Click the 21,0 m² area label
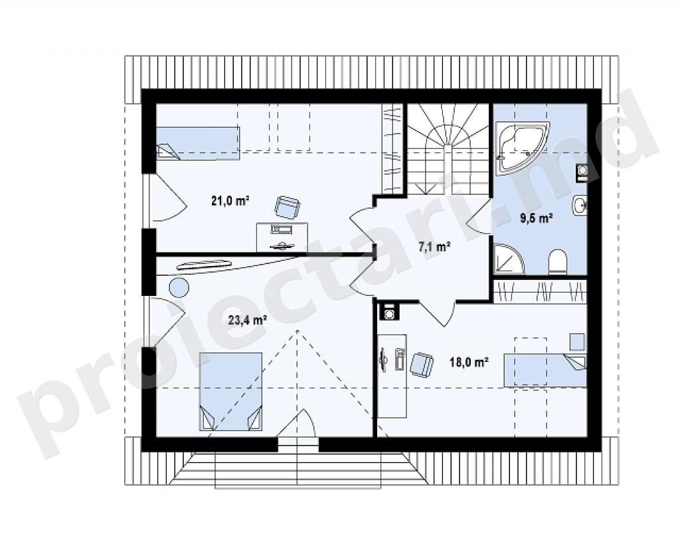pyautogui.click(x=230, y=201)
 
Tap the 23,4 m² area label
pyautogui.click(x=247, y=321)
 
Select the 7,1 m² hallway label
pyautogui.click(x=434, y=247)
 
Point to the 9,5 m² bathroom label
pyautogui.click(x=537, y=218)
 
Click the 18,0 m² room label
pyautogui.click(x=469, y=362)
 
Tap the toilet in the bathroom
pyautogui.click(x=558, y=261)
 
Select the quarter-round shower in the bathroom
pyautogui.click(x=508, y=259)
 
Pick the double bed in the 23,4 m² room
pyautogui.click(x=230, y=392)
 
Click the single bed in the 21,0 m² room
pyautogui.click(x=198, y=143)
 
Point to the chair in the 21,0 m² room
pyautogui.click(x=287, y=207)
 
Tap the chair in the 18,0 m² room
pyautogui.click(x=422, y=364)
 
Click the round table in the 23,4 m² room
pyautogui.click(x=179, y=287)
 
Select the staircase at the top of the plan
pyautogui.click(x=448, y=150)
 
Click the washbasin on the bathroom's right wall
pyautogui.click(x=580, y=205)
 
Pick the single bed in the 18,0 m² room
pyautogui.click(x=545, y=370)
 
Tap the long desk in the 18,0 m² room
pyautogui.click(x=392, y=376)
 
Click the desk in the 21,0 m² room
pyautogui.click(x=282, y=237)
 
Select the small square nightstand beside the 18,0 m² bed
pyautogui.click(x=577, y=342)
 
